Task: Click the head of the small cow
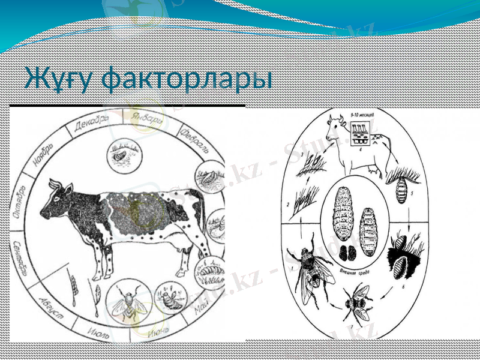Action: pos(331,126)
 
